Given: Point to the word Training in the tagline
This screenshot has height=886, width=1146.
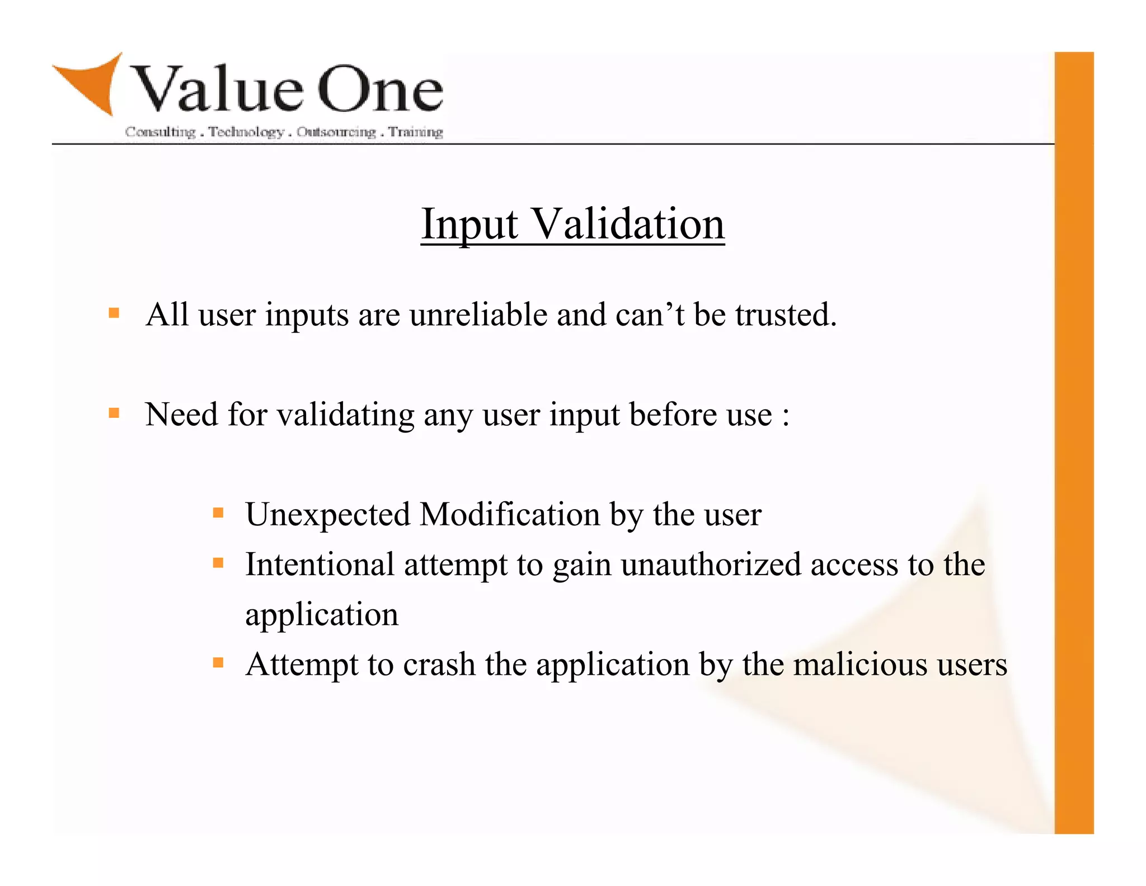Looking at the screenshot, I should click(416, 132).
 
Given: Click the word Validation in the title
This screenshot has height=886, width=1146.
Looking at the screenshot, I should click(627, 224).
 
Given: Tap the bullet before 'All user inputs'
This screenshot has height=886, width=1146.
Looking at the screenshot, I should click(114, 313).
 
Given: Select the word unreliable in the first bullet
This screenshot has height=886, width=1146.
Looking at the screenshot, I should click(478, 315).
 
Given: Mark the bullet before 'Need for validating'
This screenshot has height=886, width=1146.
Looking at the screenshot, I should click(114, 413).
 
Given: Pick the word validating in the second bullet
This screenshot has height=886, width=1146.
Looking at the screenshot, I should click(345, 416).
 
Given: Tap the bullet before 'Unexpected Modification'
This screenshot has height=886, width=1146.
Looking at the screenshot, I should click(218, 512).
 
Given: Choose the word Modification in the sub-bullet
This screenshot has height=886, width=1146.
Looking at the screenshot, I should click(509, 514).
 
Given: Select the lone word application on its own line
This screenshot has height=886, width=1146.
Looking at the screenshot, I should click(322, 615).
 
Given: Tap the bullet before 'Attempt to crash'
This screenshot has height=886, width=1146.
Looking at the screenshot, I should click(218, 663).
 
